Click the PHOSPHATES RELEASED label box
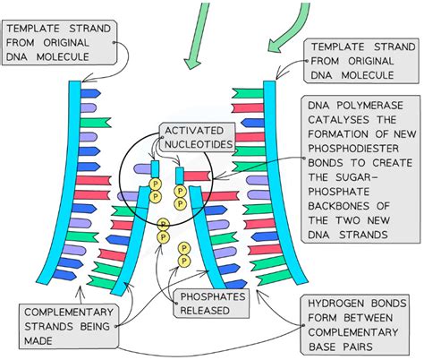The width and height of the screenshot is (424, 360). [215, 303]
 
